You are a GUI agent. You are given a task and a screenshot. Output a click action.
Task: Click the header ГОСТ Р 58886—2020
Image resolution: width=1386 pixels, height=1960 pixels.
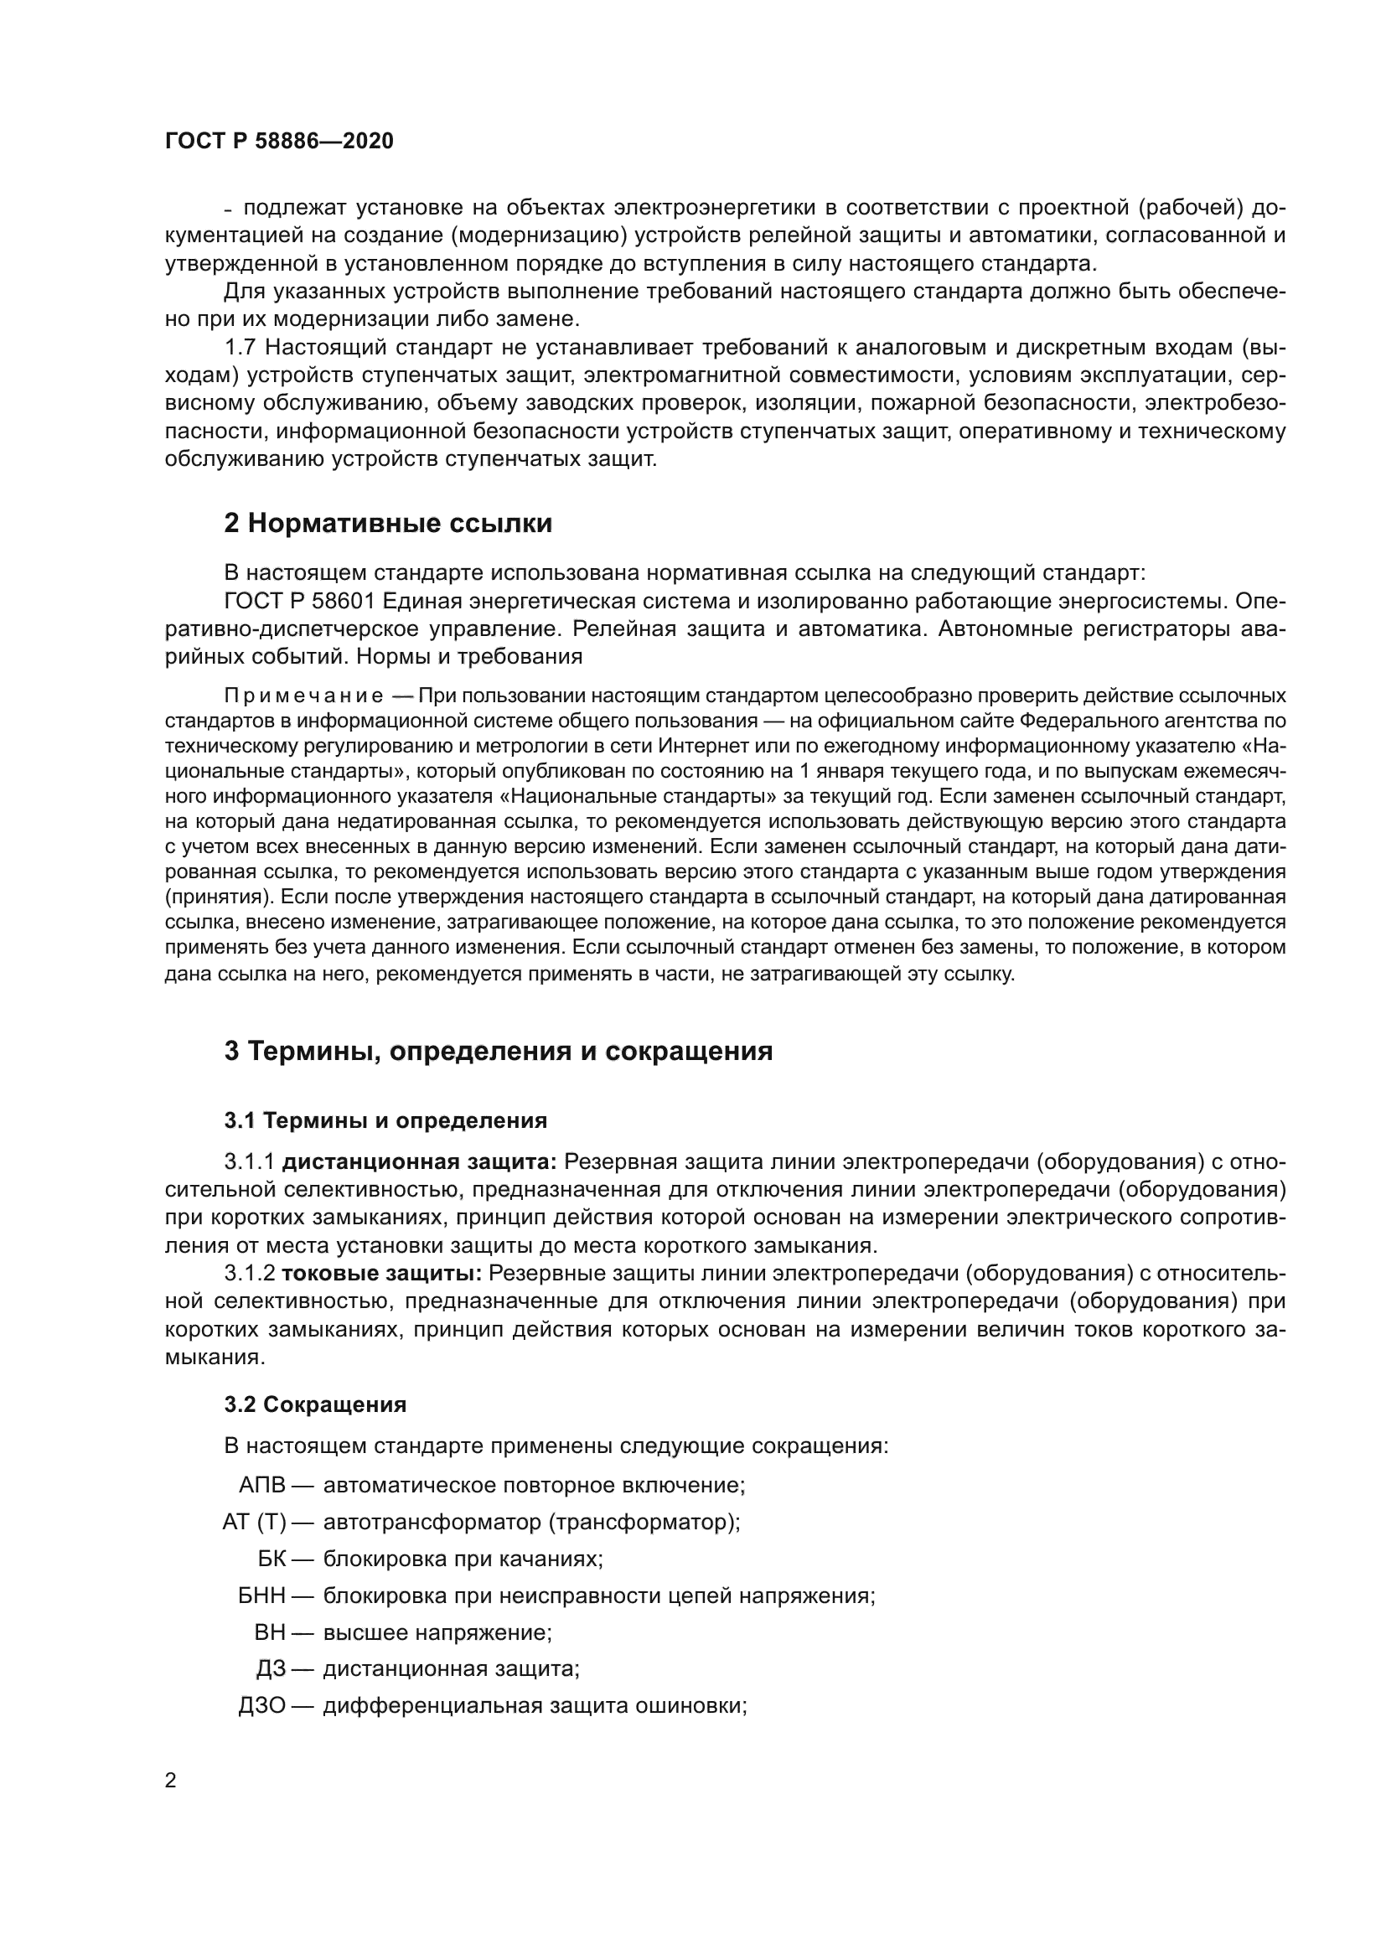point(279,142)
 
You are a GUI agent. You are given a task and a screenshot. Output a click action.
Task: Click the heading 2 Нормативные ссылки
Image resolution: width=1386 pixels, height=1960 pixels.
point(387,523)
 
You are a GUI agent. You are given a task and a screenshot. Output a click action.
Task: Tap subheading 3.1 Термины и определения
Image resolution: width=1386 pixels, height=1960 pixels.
point(385,1120)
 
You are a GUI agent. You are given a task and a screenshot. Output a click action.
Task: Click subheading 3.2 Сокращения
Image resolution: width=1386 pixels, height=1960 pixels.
point(315,1404)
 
